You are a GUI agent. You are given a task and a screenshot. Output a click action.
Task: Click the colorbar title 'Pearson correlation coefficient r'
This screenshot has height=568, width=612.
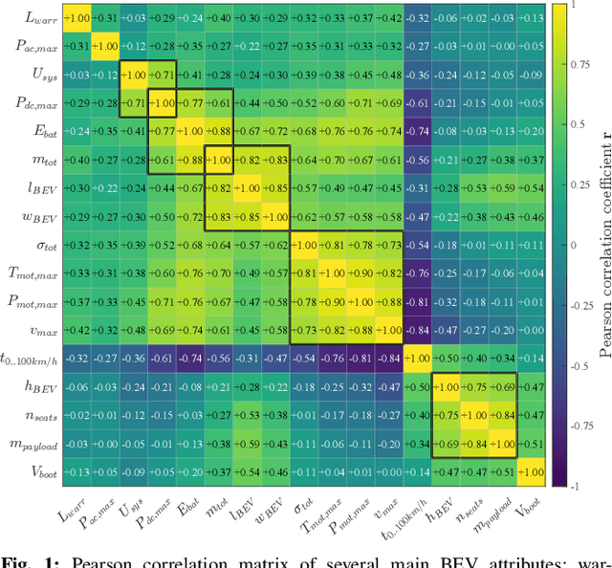pos(604,245)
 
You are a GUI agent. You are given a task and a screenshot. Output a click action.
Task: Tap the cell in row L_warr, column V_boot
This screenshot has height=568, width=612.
pos(530,17)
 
